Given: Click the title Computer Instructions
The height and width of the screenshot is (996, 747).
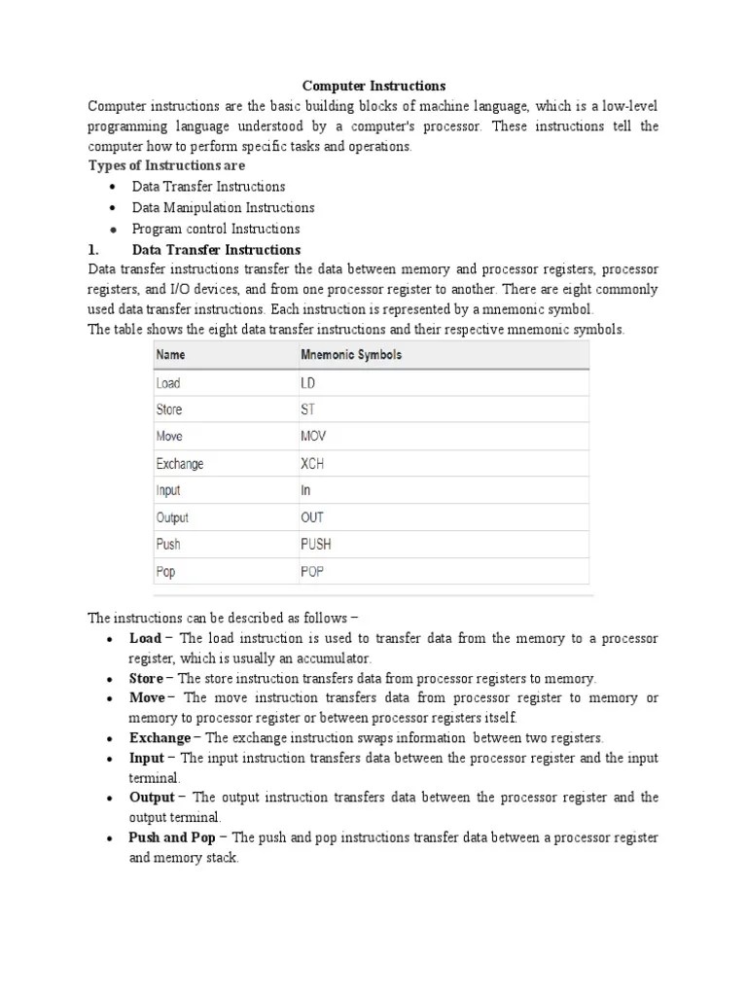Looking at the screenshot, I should coord(373,87).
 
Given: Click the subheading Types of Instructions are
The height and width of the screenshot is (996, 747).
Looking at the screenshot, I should coord(167,165).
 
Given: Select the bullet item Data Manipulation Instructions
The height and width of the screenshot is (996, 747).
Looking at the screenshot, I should coord(223,207).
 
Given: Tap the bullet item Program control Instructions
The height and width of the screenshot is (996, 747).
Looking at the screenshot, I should coord(216,229).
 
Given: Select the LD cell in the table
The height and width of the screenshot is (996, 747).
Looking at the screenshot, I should coord(308,383).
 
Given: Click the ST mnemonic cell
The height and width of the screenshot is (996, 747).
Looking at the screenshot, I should coord(307,409).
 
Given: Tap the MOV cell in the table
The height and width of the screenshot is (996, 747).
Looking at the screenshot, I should coord(312,437).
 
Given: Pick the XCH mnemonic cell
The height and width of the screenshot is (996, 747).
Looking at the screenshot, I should coord(312,464).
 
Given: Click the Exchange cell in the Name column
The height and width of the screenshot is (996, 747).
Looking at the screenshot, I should coord(180,464).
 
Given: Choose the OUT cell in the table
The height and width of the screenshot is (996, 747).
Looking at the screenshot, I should coord(312,517).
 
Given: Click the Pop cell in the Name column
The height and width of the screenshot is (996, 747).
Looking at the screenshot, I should coord(166,572).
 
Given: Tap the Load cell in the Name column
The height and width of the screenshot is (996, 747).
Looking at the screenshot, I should coord(168,383).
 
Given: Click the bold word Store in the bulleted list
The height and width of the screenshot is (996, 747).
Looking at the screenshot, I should coord(146,678).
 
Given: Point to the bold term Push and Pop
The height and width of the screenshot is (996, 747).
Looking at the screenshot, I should coord(172,837).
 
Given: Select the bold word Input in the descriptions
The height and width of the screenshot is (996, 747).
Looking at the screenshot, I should coord(147,758).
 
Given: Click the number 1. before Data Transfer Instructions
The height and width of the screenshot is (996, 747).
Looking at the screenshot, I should coord(94,250).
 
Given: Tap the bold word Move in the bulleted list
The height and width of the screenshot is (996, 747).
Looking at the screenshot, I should coord(147,697).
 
